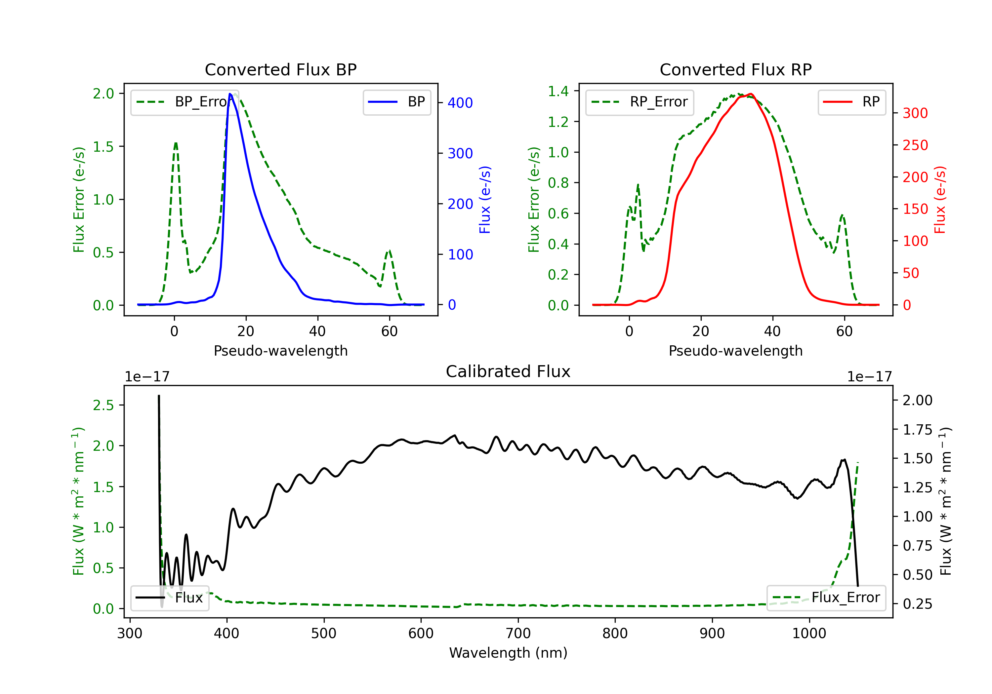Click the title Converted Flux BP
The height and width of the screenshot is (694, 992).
click(280, 69)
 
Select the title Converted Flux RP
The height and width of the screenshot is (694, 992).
click(735, 69)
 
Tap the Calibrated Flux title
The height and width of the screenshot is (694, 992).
click(508, 371)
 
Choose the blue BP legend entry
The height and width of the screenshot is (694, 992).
click(396, 102)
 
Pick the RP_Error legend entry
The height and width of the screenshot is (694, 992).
click(640, 102)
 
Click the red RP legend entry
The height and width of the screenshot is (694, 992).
click(851, 102)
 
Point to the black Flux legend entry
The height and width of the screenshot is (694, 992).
click(169, 598)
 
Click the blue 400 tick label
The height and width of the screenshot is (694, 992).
click(460, 103)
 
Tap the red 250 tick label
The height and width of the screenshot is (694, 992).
click(915, 145)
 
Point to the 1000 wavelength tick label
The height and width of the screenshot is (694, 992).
click(809, 634)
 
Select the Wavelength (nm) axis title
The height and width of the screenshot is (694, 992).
click(508, 653)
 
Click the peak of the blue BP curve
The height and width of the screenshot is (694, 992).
click(230, 94)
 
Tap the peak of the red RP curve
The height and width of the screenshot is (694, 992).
click(751, 94)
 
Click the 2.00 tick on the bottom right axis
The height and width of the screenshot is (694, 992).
click(918, 400)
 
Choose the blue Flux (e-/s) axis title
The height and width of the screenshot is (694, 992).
click(485, 200)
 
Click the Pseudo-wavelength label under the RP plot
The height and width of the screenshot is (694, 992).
click(735, 351)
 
